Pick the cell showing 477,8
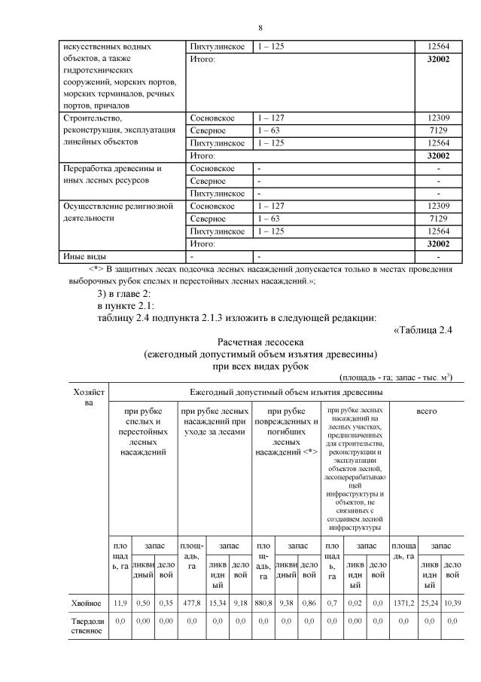click(x=190, y=603)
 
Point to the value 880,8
click(x=263, y=603)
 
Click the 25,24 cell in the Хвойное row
click(x=430, y=603)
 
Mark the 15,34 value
click(x=218, y=603)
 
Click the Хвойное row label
click(x=87, y=603)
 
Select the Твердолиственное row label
click(x=87, y=625)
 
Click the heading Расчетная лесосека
click(x=260, y=342)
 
